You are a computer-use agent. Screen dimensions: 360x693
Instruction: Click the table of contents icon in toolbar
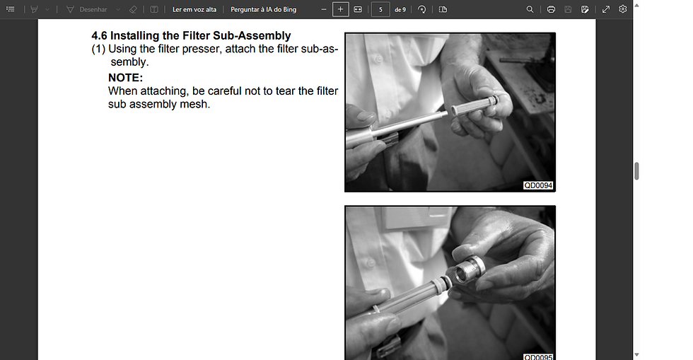click(x=10, y=9)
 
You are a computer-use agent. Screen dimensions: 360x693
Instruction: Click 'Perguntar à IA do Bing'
click(x=263, y=9)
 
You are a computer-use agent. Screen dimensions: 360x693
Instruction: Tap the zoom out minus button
click(x=323, y=9)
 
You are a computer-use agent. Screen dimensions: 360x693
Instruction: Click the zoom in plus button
click(x=340, y=9)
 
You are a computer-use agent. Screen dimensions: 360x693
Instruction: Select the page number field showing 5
click(x=380, y=9)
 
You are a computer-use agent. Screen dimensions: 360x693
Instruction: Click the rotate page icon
click(x=422, y=9)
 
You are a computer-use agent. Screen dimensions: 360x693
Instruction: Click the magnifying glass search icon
click(x=530, y=9)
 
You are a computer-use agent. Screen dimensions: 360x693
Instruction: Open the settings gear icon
click(x=623, y=9)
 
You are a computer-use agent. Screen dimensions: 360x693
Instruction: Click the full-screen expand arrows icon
click(x=606, y=9)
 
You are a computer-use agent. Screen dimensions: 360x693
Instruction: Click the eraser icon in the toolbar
click(x=133, y=9)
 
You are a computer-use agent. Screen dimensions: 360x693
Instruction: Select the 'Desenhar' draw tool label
click(x=93, y=9)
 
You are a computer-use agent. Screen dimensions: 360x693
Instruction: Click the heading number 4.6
click(x=99, y=35)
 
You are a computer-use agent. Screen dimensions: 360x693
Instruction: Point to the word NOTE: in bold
click(x=125, y=78)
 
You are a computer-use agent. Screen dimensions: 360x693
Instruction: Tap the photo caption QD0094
click(x=538, y=185)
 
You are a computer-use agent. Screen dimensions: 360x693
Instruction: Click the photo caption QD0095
click(x=538, y=356)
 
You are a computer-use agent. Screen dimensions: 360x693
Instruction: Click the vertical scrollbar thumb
click(x=636, y=171)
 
